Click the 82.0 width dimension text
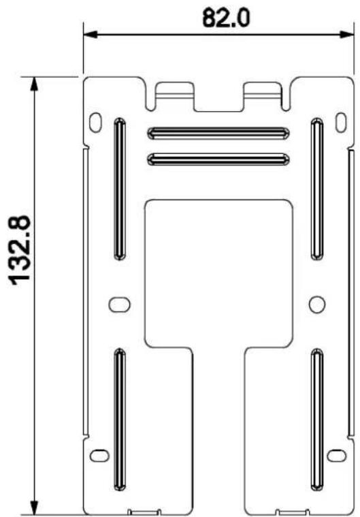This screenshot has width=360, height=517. point(226,18)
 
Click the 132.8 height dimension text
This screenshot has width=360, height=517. point(20,251)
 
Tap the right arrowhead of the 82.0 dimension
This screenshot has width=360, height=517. point(346,34)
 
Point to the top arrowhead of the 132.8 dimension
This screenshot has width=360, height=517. point(34,84)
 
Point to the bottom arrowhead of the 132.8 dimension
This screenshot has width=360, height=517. point(34,507)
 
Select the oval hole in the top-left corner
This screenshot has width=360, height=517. point(95,123)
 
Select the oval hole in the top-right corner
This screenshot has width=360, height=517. point(341,123)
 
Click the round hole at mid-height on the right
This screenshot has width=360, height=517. point(317,304)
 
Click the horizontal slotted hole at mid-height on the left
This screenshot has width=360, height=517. point(119,304)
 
